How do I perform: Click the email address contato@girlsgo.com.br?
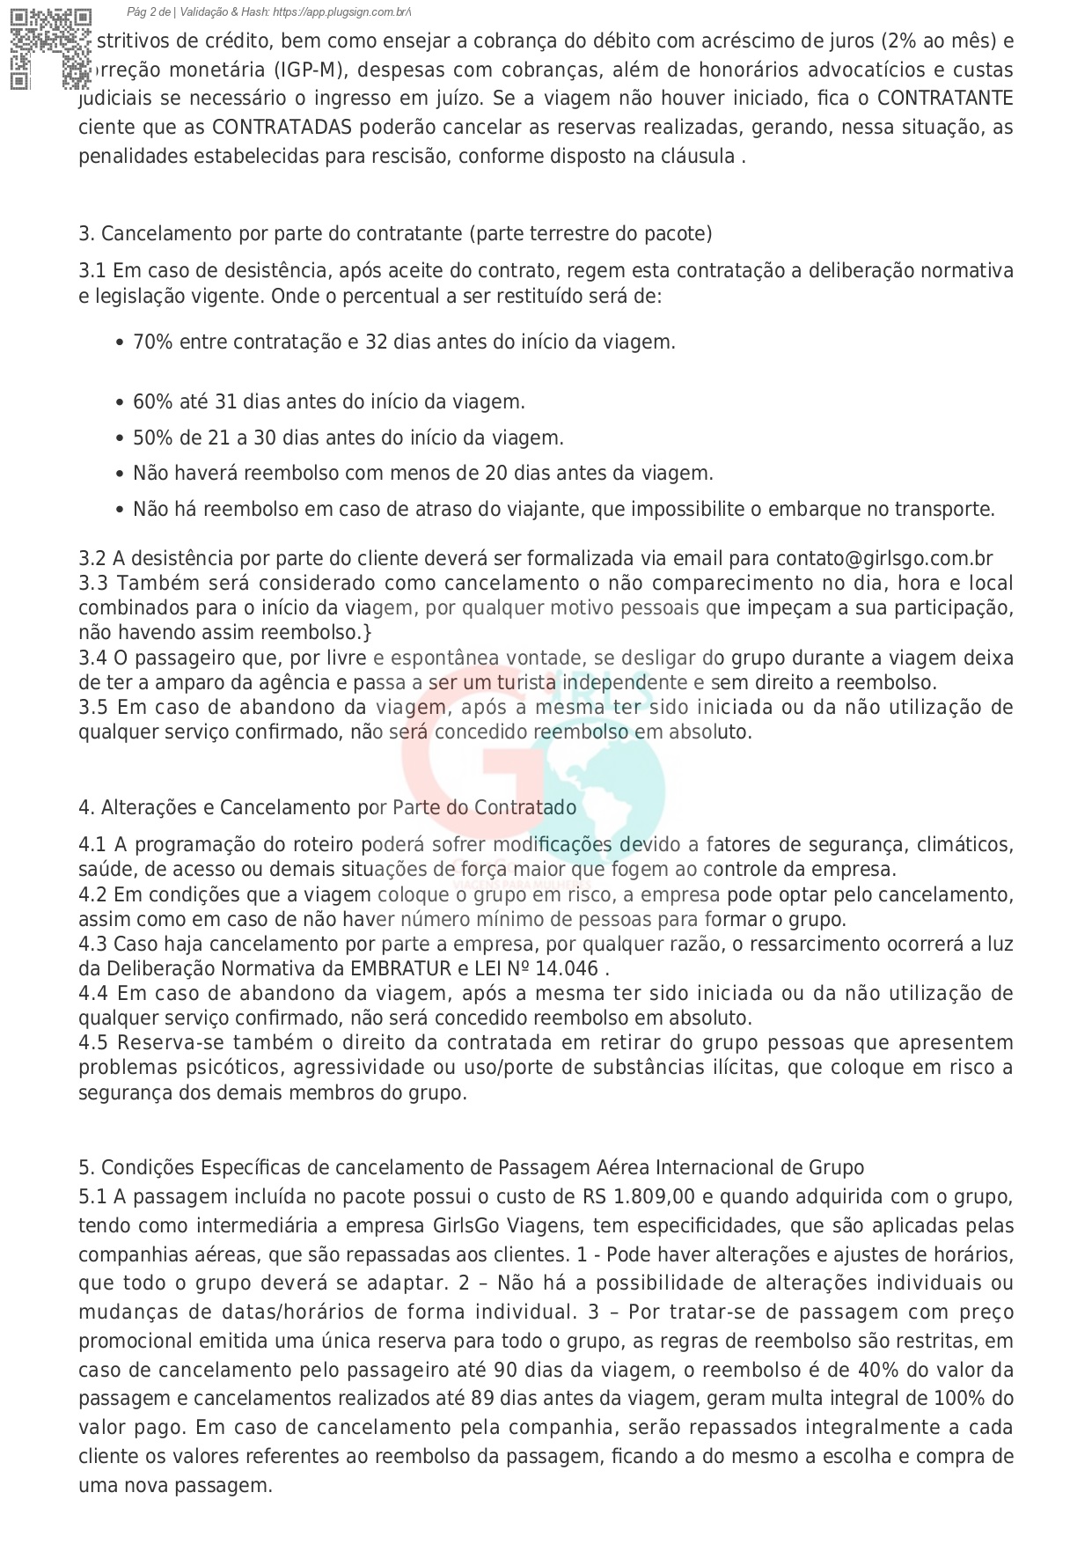pos(883,558)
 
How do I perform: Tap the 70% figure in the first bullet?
pos(152,342)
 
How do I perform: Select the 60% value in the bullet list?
pos(152,401)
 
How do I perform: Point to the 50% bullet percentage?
pos(152,437)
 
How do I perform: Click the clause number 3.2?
pos(92,558)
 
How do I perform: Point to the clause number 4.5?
pos(92,1042)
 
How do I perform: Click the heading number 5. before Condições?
pos(85,1167)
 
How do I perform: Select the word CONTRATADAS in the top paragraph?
pos(282,127)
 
